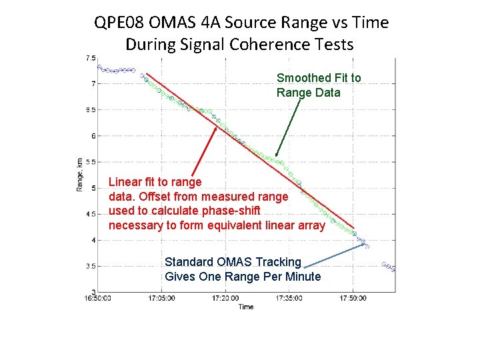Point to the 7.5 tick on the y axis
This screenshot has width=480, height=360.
pyautogui.click(x=89, y=58)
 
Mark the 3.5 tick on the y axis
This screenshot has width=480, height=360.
pyautogui.click(x=89, y=266)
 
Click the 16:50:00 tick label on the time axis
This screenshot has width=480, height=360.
pyautogui.click(x=97, y=298)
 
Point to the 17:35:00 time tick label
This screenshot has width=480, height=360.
pyautogui.click(x=289, y=298)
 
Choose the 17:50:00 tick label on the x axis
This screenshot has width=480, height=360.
pyautogui.click(x=353, y=298)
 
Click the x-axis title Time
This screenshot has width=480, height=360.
pyautogui.click(x=246, y=307)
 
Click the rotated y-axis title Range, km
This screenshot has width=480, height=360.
pyautogui.click(x=79, y=175)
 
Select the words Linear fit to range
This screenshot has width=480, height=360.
pyautogui.click(x=155, y=182)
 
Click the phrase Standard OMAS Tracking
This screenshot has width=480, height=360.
pyautogui.click(x=233, y=262)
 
